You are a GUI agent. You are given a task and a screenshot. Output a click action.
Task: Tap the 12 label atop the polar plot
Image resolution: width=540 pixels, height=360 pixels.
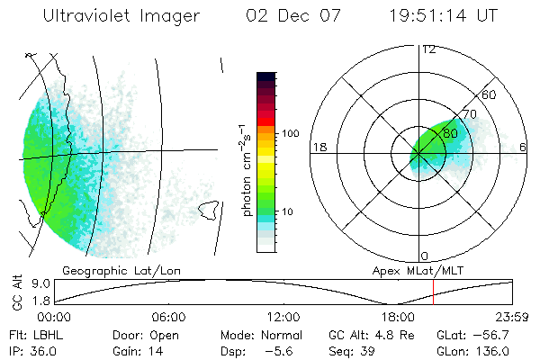pos(428,49)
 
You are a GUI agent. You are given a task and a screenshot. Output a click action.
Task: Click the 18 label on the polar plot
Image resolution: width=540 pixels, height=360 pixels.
pos(319,147)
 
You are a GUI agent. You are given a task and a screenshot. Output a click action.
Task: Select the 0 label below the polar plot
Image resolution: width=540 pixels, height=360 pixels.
pos(425,256)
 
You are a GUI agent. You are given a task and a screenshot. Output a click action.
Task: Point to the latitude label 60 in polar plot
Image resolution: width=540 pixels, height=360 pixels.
pos(490,94)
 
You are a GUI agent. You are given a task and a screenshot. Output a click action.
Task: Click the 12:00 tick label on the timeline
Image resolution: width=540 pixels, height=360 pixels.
pos(283,317)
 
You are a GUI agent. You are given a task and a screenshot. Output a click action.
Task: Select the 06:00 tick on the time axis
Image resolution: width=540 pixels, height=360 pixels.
pos(168,317)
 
